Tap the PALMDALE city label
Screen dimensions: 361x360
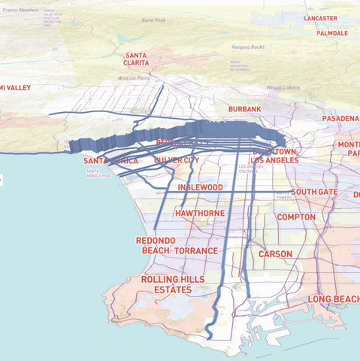coord(331,34)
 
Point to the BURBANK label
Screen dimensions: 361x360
coord(244,110)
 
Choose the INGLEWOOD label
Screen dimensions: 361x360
coord(200,187)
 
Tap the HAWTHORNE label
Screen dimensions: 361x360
coord(199,214)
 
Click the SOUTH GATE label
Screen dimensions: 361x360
coord(314,193)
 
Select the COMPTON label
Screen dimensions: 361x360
coord(296,217)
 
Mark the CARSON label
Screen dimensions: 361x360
coord(275,254)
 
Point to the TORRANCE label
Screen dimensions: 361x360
coord(196,250)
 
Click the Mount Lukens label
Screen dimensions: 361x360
coord(283,87)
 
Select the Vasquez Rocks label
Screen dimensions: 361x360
coord(247,47)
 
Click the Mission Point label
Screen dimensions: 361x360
coord(134,77)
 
